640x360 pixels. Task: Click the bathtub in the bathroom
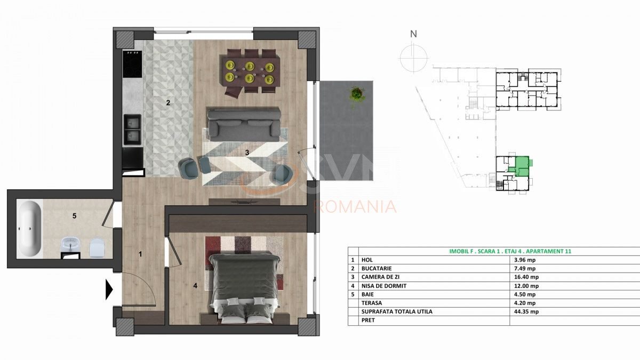tap(29, 230)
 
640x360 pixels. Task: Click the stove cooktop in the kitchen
tap(132, 64)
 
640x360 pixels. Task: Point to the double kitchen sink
tap(132, 130)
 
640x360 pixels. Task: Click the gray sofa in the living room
tap(244, 123)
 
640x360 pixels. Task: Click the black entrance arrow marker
tap(109, 289)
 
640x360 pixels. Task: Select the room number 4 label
tap(195, 286)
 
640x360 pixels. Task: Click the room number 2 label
tap(168, 103)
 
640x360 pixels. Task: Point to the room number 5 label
tap(75, 216)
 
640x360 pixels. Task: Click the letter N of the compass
tap(413, 34)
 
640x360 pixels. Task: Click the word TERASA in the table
tap(372, 303)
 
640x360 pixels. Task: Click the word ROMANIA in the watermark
tap(356, 206)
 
